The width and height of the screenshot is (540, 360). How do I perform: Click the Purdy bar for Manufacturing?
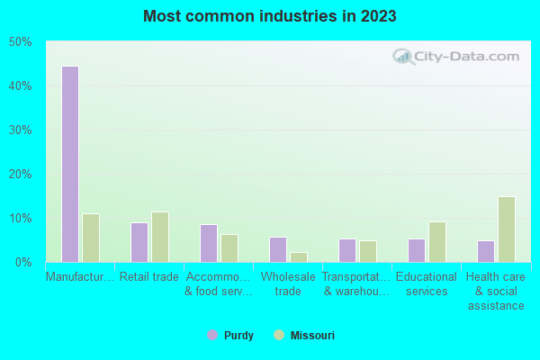coord(69,164)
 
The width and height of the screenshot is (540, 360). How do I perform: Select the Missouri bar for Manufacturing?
coord(91,238)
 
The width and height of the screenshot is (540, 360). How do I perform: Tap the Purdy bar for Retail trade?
coord(139,242)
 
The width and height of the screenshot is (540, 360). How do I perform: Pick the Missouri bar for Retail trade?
coord(160,237)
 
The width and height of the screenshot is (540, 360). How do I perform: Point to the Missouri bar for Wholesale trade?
coord(299,257)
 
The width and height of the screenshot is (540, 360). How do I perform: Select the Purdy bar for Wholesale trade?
coord(278,249)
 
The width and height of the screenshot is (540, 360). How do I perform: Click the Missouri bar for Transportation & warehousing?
coord(368,251)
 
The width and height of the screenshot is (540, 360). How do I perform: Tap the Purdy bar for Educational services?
coord(417,250)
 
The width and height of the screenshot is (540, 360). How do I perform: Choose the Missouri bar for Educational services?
coord(437,242)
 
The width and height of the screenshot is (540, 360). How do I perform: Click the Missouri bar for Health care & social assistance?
coord(507,229)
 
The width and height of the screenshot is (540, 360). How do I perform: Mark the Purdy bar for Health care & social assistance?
coord(486,251)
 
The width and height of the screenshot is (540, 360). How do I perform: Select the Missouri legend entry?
coord(303,336)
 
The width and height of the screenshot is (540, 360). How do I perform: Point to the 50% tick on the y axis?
coord(21,42)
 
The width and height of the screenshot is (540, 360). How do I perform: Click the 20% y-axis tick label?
coord(21,175)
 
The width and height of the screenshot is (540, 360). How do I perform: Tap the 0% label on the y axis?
coord(23,263)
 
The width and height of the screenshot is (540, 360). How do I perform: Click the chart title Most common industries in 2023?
coord(270,16)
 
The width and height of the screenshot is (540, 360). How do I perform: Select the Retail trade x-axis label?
coord(149,277)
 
